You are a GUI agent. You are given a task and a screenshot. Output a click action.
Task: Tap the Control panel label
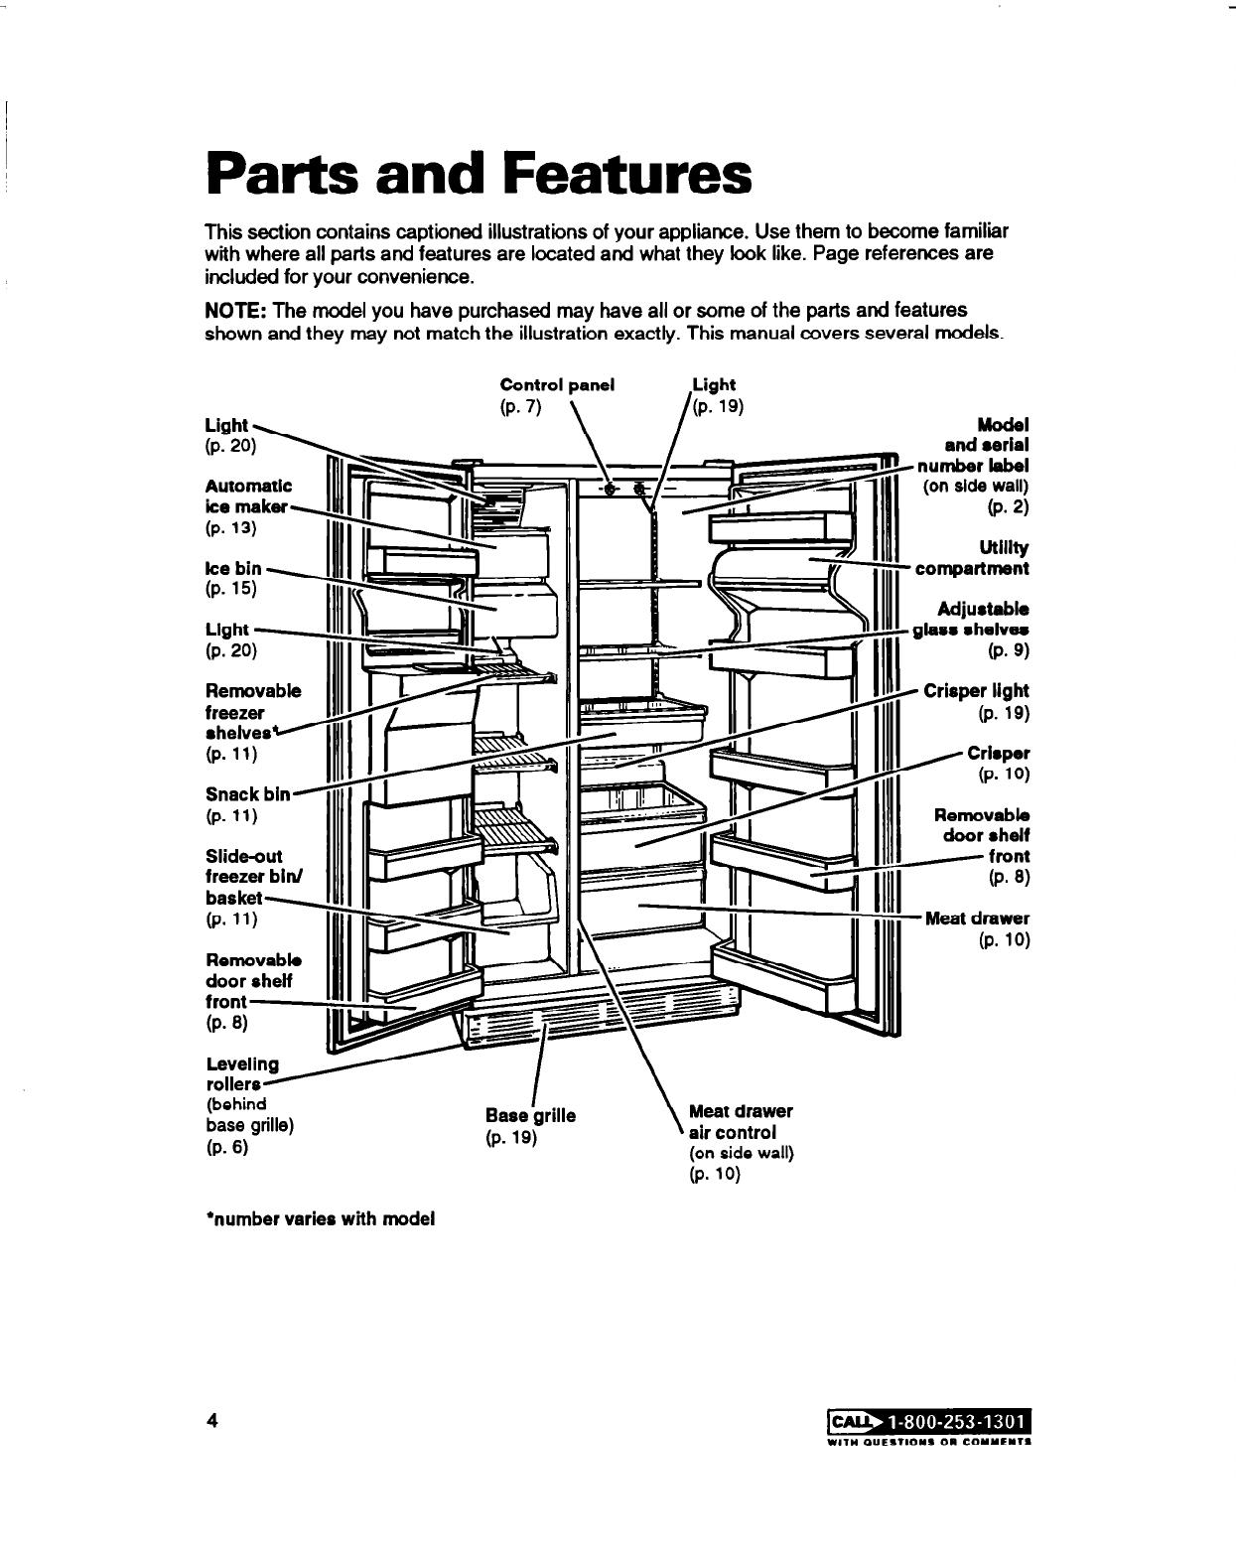tap(557, 384)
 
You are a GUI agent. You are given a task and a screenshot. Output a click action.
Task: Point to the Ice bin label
tap(233, 569)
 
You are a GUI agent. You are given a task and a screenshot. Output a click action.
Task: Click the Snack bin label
tap(247, 794)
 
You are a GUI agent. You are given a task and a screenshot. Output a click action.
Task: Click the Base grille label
tap(530, 1115)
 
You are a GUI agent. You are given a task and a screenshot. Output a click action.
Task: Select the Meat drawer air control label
tap(740, 1122)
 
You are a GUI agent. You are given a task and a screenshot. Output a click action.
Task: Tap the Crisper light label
tap(976, 690)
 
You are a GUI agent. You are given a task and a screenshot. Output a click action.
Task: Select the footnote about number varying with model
tap(320, 1218)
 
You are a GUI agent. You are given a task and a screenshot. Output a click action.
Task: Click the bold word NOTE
tap(231, 311)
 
